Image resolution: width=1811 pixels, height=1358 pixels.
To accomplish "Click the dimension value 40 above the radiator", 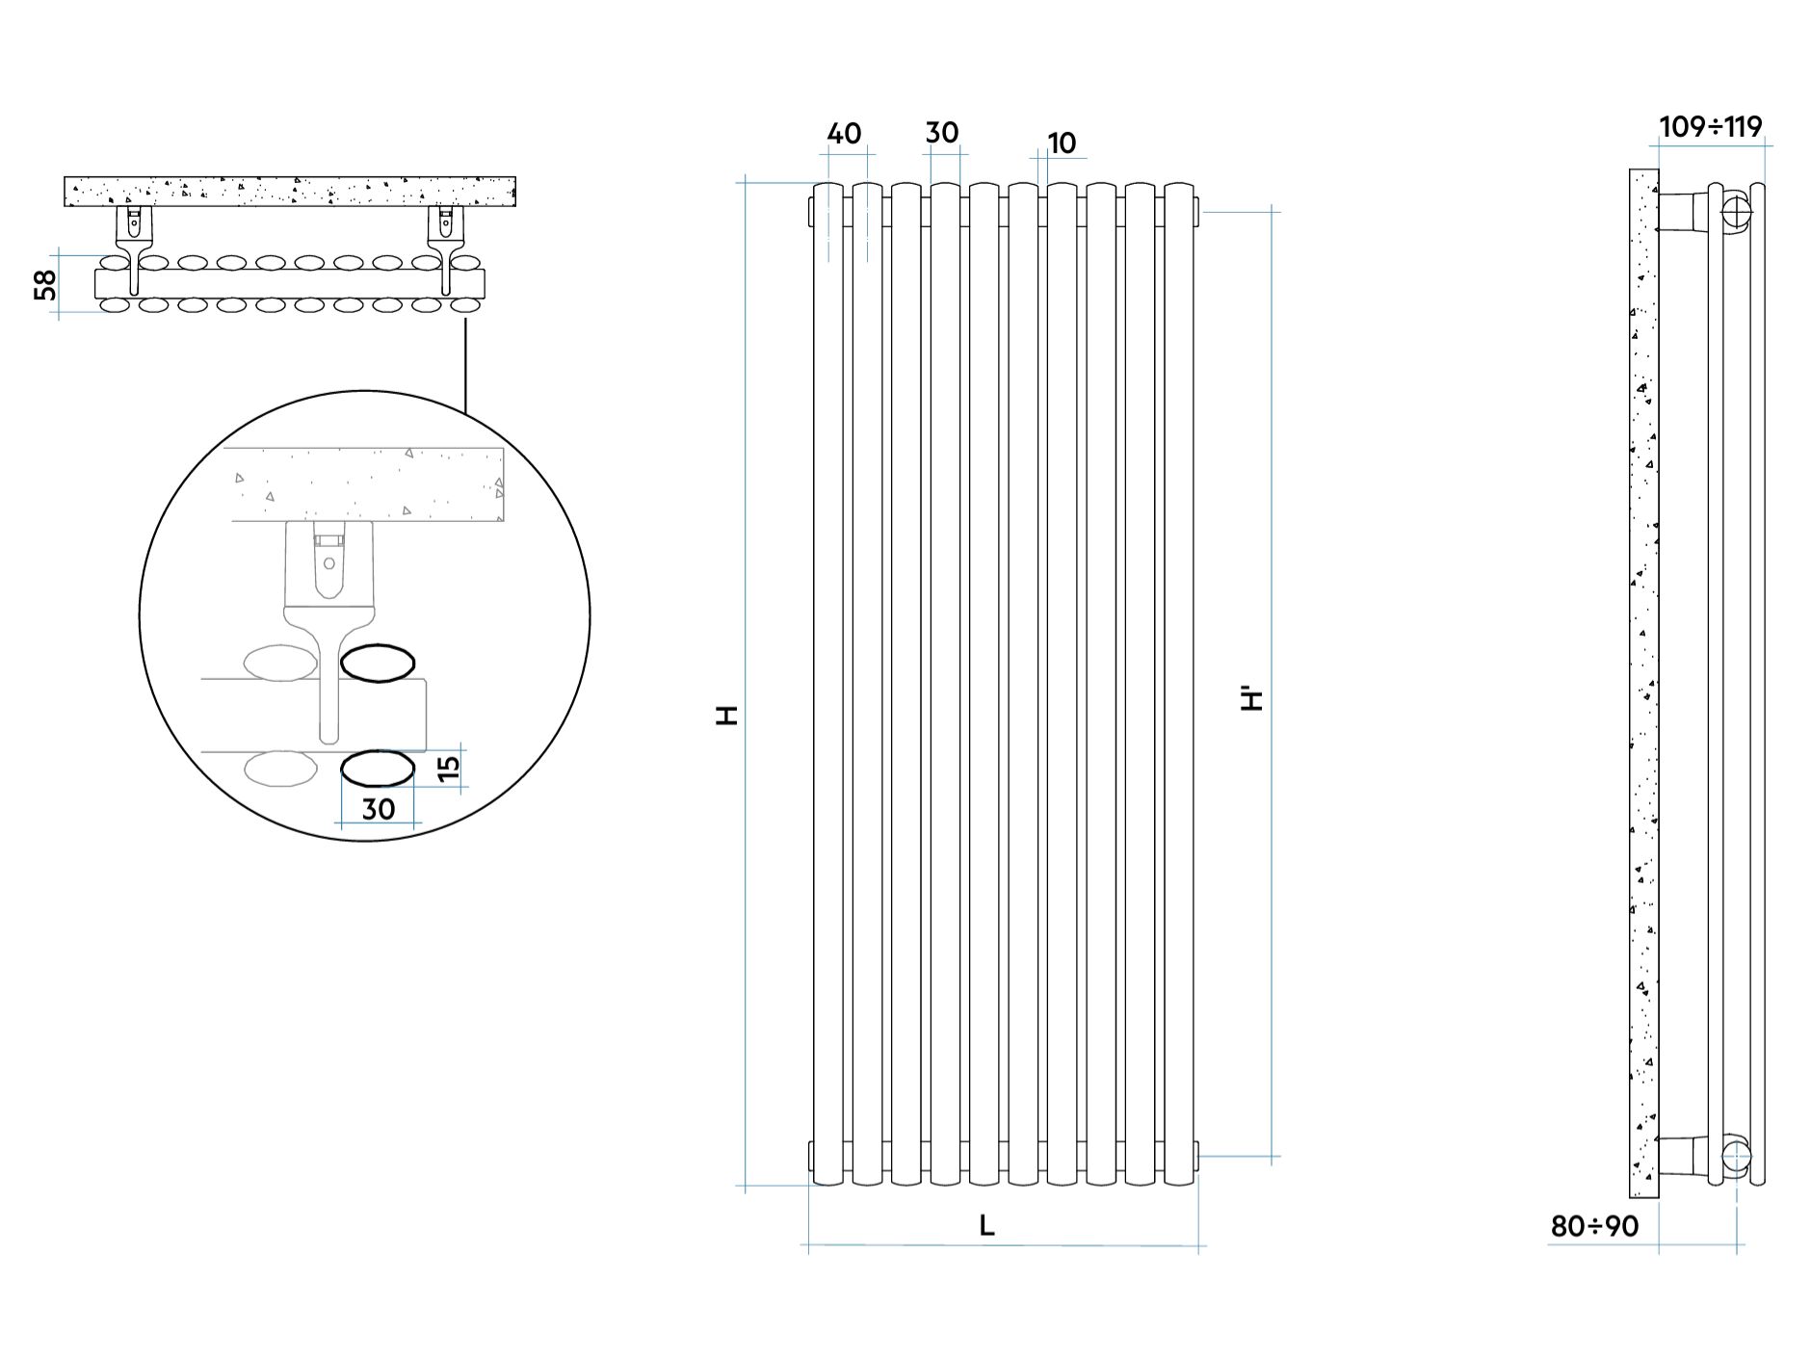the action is point(844,134).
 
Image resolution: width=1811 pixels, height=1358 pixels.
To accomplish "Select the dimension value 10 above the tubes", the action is point(1061,144).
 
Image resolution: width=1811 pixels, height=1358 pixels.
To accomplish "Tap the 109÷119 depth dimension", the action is point(1711,127).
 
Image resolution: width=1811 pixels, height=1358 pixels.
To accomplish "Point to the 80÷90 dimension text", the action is point(1594,1226).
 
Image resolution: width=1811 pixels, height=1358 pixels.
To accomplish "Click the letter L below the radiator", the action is point(986,1226).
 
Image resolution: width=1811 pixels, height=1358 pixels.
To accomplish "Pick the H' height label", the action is point(1252,697).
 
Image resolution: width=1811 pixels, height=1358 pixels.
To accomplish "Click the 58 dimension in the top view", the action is point(45,284).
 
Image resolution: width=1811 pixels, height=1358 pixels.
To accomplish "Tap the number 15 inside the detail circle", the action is point(449,769).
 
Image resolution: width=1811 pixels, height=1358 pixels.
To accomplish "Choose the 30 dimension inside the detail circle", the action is point(379,809).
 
